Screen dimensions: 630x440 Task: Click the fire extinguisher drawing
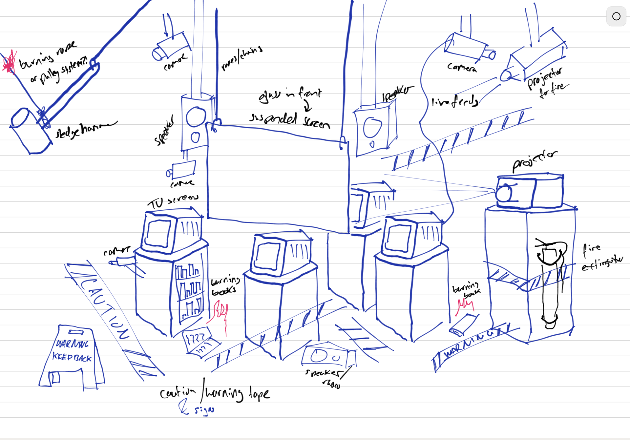point(551,282)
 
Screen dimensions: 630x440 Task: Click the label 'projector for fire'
point(547,82)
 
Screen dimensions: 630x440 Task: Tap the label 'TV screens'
point(173,201)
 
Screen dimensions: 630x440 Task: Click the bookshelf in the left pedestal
point(189,292)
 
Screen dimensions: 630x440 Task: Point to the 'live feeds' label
point(454,102)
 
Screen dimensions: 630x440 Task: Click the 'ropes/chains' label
point(242,58)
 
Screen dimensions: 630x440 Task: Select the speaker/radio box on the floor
point(328,356)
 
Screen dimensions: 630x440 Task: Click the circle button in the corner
point(616,16)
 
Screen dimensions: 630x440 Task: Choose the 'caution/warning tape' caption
point(215,393)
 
